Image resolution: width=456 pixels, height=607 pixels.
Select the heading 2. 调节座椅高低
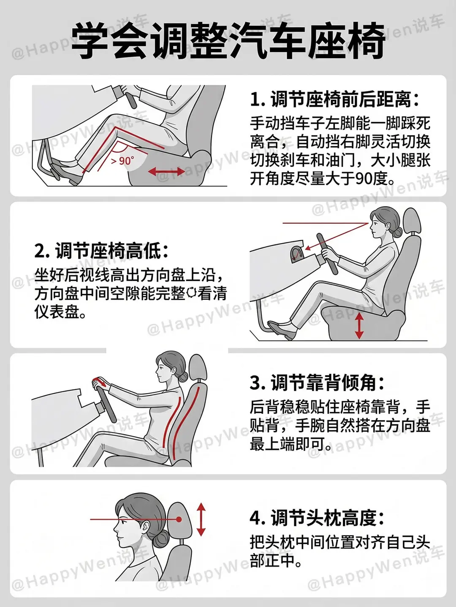click(101, 250)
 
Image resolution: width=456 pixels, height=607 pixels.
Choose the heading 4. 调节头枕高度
click(317, 518)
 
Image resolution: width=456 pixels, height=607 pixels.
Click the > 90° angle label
click(122, 161)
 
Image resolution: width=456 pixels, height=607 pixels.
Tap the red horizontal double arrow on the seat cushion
click(167, 172)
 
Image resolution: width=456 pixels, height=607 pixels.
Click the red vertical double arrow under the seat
click(359, 325)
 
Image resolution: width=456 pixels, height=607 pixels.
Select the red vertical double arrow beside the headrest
click(201, 519)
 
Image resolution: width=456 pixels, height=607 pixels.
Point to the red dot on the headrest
click(179, 519)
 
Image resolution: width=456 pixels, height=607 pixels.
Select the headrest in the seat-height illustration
click(412, 220)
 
